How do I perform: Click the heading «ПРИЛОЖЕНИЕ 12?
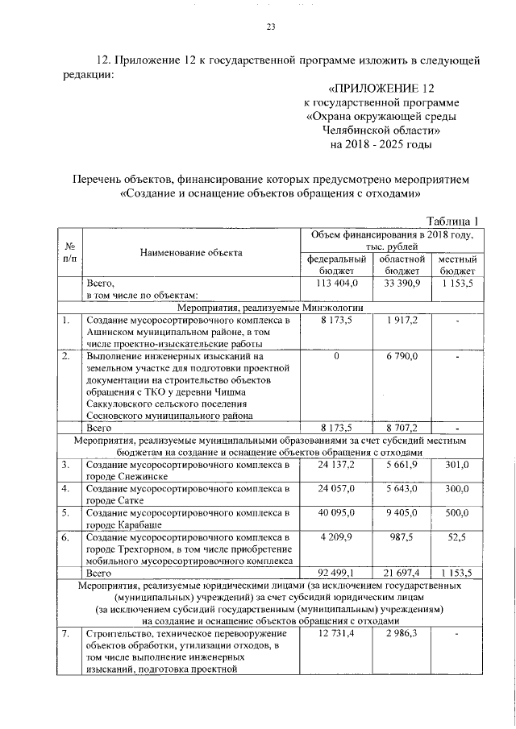pos(381,87)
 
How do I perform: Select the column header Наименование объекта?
pos(191,253)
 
